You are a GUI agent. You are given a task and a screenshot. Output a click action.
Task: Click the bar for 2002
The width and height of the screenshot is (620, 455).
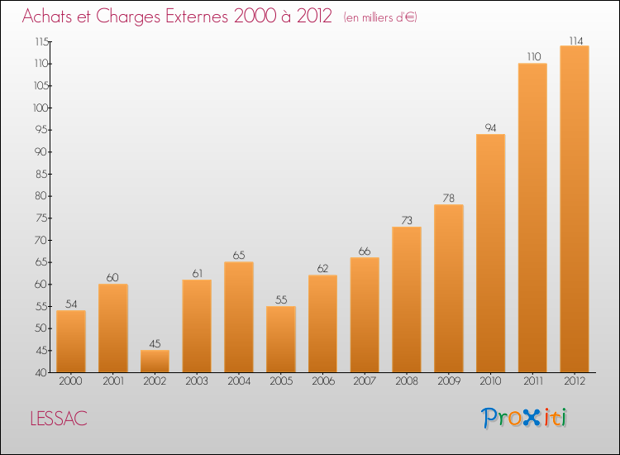(155, 362)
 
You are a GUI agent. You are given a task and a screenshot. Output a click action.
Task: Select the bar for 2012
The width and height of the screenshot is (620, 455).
(574, 208)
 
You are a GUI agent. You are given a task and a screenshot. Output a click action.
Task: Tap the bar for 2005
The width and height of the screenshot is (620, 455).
(280, 339)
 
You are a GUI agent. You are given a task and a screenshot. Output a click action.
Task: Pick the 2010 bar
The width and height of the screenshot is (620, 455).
(490, 253)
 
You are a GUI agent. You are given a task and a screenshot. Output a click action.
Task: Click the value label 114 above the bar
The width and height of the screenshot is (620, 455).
(574, 40)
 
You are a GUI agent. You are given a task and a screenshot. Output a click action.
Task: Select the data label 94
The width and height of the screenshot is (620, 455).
(490, 127)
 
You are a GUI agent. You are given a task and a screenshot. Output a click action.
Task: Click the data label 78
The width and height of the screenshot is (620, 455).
(448, 199)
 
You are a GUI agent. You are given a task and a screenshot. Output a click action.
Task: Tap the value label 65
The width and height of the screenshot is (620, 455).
(239, 256)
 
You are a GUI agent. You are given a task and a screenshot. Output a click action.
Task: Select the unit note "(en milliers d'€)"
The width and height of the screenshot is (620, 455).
(380, 18)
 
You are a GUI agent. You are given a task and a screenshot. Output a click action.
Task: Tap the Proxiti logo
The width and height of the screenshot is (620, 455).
(525, 418)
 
